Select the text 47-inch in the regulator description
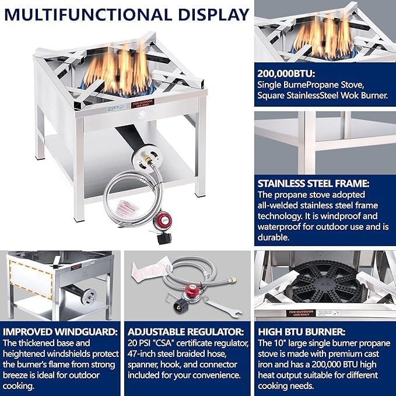[142, 352]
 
